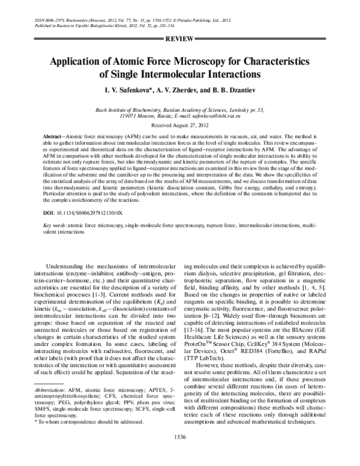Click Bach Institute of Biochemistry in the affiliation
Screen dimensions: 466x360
128,110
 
